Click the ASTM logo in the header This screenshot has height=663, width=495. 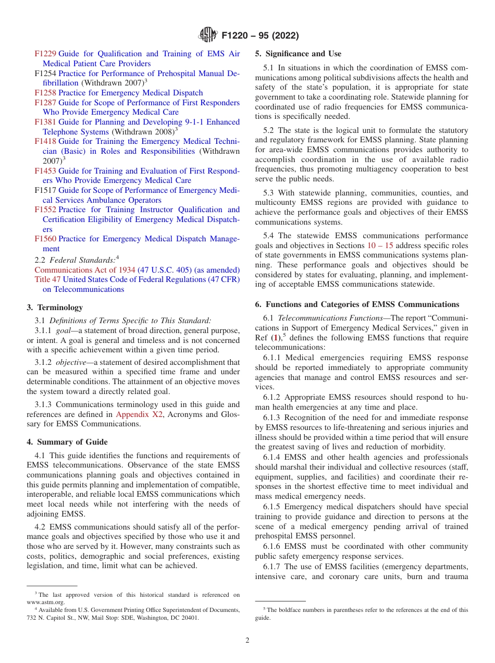[x=208, y=35]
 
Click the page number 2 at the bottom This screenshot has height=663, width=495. [x=247, y=641]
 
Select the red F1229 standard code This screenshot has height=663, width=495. [x=45, y=54]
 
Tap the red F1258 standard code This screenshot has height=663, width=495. [x=45, y=93]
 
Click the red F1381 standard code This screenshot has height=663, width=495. [x=45, y=122]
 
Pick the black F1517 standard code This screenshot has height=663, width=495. [x=45, y=190]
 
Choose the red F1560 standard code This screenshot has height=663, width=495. [x=45, y=239]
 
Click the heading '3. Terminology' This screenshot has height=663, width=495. [x=55, y=308]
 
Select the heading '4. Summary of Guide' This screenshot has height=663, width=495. [x=67, y=442]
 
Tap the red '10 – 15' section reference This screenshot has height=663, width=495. [x=380, y=245]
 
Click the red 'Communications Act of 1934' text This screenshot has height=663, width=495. [x=84, y=270]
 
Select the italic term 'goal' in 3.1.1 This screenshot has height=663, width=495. [x=63, y=330]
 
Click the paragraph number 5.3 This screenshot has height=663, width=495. [x=271, y=192]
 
